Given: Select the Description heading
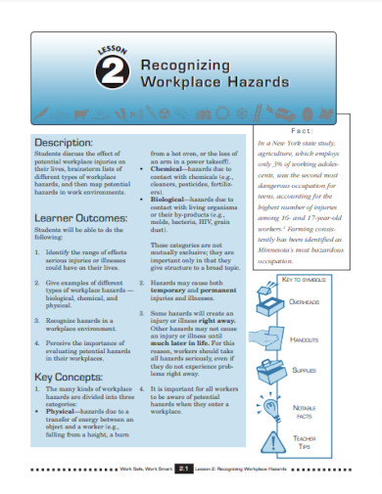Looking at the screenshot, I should coord(63,142).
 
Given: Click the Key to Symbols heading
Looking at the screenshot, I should coord(311,280).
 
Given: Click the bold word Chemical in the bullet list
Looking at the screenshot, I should coord(171,167).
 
